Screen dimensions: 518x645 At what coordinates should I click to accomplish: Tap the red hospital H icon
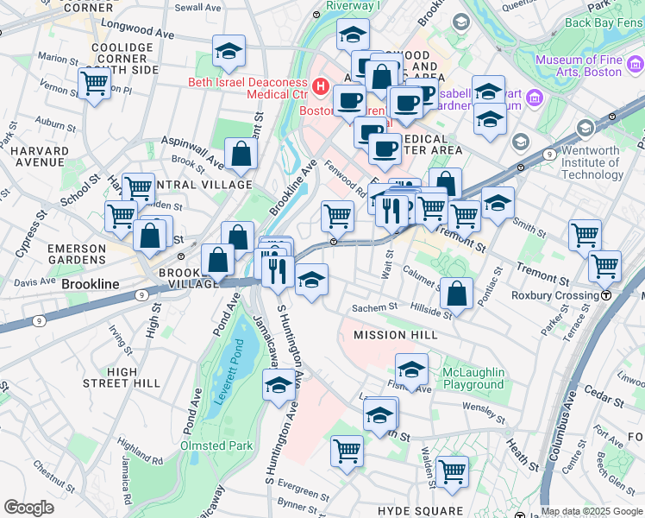(321, 86)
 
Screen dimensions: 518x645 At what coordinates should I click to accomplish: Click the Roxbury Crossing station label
(555, 295)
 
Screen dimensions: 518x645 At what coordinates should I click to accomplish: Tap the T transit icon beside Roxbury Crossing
(607, 295)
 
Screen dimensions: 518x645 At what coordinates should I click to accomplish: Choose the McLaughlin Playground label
(473, 378)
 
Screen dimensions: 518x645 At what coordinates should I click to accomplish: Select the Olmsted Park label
(216, 445)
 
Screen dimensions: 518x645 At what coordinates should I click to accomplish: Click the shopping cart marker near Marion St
(94, 84)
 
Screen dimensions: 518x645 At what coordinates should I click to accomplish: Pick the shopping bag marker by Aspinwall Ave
(241, 155)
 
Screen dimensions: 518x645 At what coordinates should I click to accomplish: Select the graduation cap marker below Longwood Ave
(229, 51)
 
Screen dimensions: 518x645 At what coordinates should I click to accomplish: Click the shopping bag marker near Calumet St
(456, 294)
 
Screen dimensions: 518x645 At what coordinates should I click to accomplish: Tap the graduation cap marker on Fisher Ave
(412, 370)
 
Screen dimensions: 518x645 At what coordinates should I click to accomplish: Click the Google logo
(28, 508)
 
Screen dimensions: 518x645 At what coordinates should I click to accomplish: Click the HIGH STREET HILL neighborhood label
(122, 377)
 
